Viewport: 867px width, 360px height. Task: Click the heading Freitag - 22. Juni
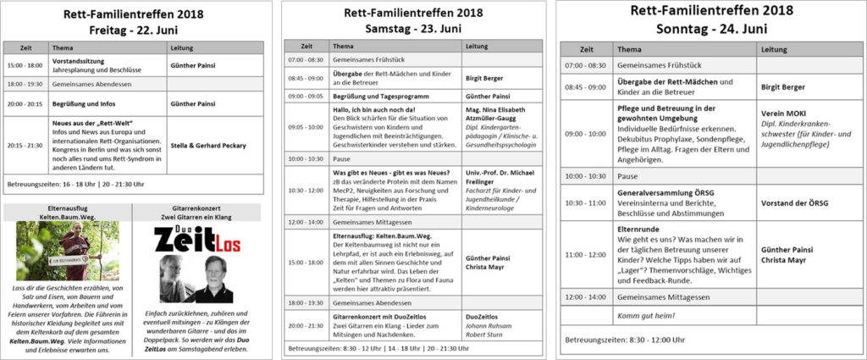pos(136,28)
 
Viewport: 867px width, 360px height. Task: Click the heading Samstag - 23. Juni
pos(413,28)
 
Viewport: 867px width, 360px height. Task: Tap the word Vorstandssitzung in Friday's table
pos(80,61)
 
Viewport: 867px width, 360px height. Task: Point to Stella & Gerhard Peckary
pos(208,144)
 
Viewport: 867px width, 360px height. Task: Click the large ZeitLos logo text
pos(197,241)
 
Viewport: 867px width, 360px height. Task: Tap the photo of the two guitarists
pos(196,279)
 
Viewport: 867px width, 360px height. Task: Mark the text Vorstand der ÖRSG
pos(794,202)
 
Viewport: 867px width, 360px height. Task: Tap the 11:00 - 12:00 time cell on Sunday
pos(585,252)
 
